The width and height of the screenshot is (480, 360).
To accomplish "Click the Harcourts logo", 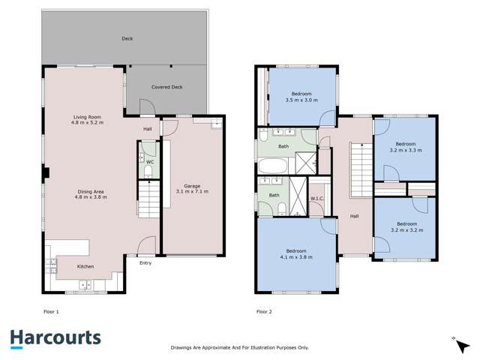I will click(55, 338).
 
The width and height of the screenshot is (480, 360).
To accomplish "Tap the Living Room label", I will click(88, 116).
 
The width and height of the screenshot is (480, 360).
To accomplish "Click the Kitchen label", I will click(86, 266).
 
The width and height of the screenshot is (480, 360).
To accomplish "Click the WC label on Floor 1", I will click(149, 161).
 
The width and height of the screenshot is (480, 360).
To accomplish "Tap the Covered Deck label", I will click(166, 87).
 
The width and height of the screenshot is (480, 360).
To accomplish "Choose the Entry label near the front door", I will click(145, 262).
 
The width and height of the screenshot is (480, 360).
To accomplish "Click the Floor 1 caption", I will click(52, 310).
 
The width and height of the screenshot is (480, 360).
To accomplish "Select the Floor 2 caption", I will click(263, 310).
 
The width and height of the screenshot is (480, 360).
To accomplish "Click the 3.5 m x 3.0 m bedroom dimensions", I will click(301, 100).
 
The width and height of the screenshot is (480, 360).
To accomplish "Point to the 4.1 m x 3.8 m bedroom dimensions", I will click(296, 257).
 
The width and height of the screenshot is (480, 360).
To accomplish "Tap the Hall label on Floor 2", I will click(354, 217).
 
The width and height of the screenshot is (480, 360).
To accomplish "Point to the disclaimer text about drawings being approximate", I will click(240, 348).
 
